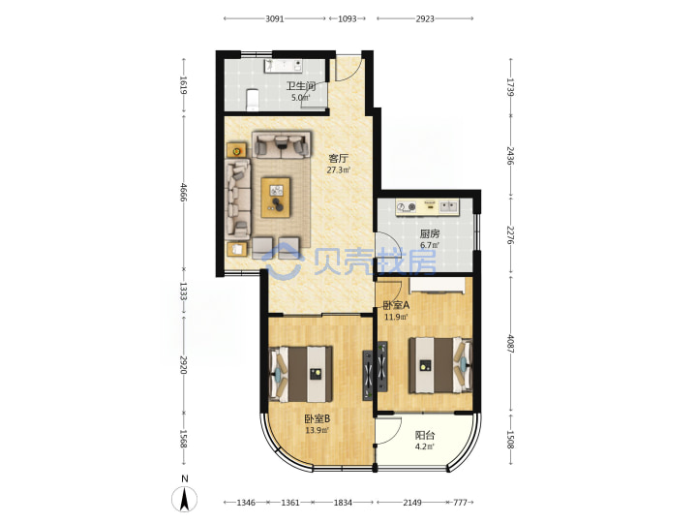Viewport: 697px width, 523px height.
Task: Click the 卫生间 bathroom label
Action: (300, 85)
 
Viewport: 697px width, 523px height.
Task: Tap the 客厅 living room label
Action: (338, 158)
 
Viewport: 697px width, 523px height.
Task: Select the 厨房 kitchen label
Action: (430, 233)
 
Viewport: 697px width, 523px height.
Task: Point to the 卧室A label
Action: (396, 305)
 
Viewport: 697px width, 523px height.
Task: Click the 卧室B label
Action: (317, 419)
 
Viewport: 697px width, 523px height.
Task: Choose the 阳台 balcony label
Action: (425, 436)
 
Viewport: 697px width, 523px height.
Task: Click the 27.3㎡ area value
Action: (339, 169)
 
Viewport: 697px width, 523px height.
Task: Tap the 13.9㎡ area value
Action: (317, 430)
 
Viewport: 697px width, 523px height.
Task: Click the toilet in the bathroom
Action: (253, 100)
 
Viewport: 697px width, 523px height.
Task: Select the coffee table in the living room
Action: (276, 198)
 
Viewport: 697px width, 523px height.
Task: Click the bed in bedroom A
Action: (440, 365)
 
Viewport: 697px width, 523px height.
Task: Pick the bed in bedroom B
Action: (301, 374)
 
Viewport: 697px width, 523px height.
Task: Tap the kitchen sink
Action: (448, 206)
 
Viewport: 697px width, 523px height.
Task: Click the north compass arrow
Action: (185, 499)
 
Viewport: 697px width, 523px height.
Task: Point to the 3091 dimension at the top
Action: (275, 18)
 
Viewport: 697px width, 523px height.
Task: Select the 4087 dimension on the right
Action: (510, 344)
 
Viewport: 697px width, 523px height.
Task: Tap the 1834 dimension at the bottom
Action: (343, 503)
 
